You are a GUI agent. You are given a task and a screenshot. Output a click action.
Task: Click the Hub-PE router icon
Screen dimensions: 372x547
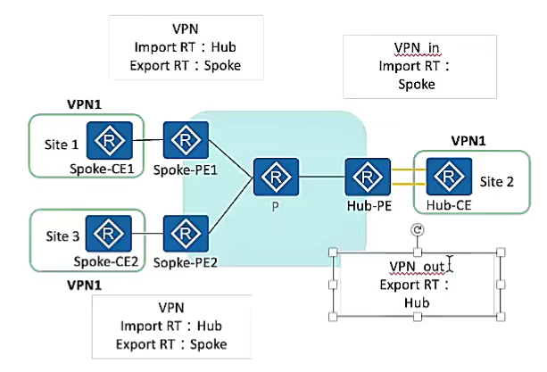pos(366,178)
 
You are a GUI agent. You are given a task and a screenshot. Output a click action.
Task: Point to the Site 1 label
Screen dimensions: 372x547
pos(62,143)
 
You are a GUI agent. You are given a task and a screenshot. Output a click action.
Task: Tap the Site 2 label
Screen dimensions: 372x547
pos(497,182)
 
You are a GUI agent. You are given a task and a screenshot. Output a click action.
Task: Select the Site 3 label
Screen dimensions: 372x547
pos(62,235)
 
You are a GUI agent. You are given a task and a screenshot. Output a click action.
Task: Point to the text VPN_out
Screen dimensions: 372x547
pos(417,267)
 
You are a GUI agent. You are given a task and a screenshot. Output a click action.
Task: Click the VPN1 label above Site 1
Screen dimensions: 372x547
pos(85,104)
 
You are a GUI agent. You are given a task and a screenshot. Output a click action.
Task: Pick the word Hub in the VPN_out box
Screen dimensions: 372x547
pos(418,303)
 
